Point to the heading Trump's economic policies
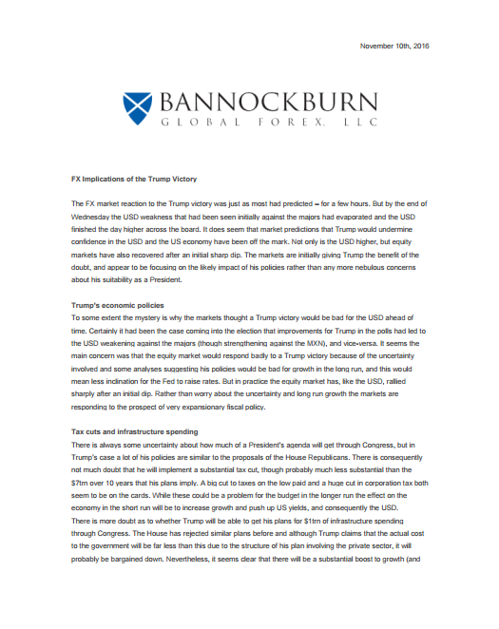coord(118,304)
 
